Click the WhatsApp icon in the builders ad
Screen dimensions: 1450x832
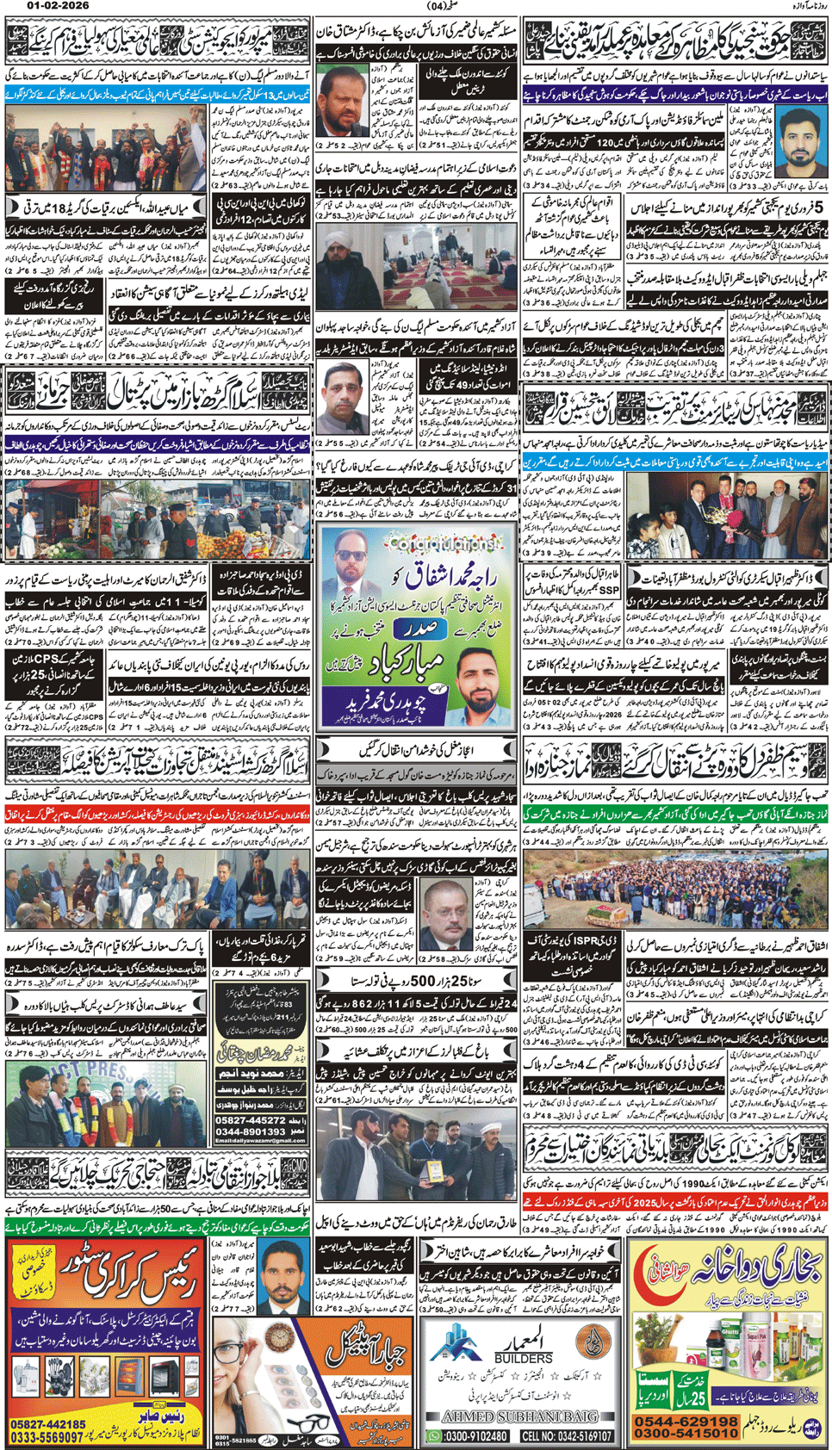[433, 1436]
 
